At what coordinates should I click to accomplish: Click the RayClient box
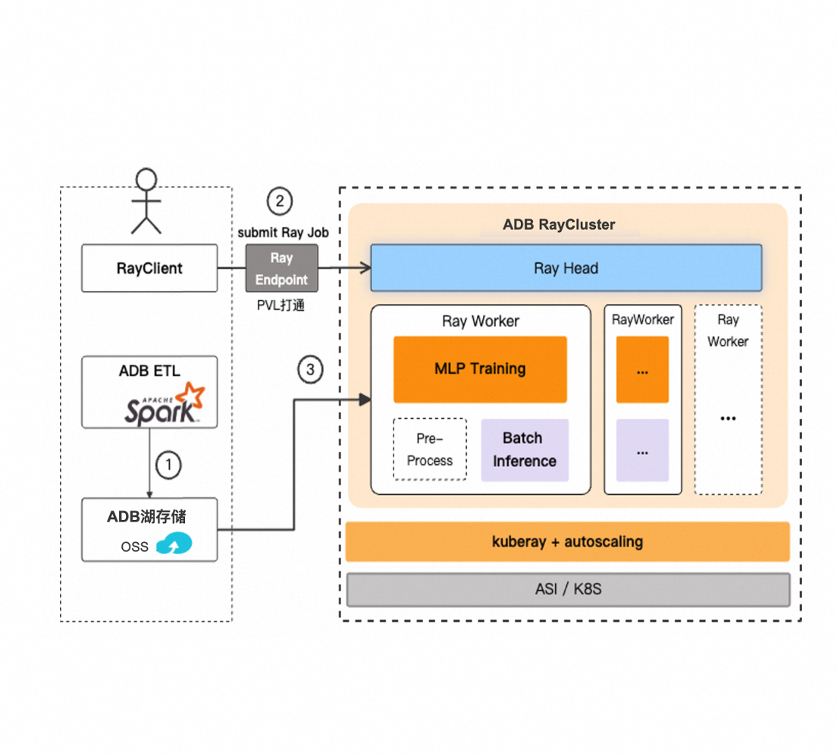149,268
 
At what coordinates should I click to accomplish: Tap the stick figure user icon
146,201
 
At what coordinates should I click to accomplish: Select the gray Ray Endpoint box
281,268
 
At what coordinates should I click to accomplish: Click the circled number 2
280,201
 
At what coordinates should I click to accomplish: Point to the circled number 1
168,464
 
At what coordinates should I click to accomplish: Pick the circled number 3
309,370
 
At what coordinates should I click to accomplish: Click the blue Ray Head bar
566,268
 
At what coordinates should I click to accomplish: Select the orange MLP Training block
480,369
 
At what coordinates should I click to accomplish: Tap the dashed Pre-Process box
430,450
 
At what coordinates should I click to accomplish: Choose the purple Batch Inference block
525,450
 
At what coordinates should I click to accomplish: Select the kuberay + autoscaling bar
567,541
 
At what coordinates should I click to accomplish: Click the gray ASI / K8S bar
568,589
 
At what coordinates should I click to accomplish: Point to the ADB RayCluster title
559,224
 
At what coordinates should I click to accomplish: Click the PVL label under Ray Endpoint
281,306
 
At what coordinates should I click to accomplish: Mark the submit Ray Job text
283,233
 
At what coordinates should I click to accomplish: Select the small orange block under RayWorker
642,370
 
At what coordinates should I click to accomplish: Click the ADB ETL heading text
149,371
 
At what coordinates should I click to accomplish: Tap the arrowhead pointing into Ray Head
365,268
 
